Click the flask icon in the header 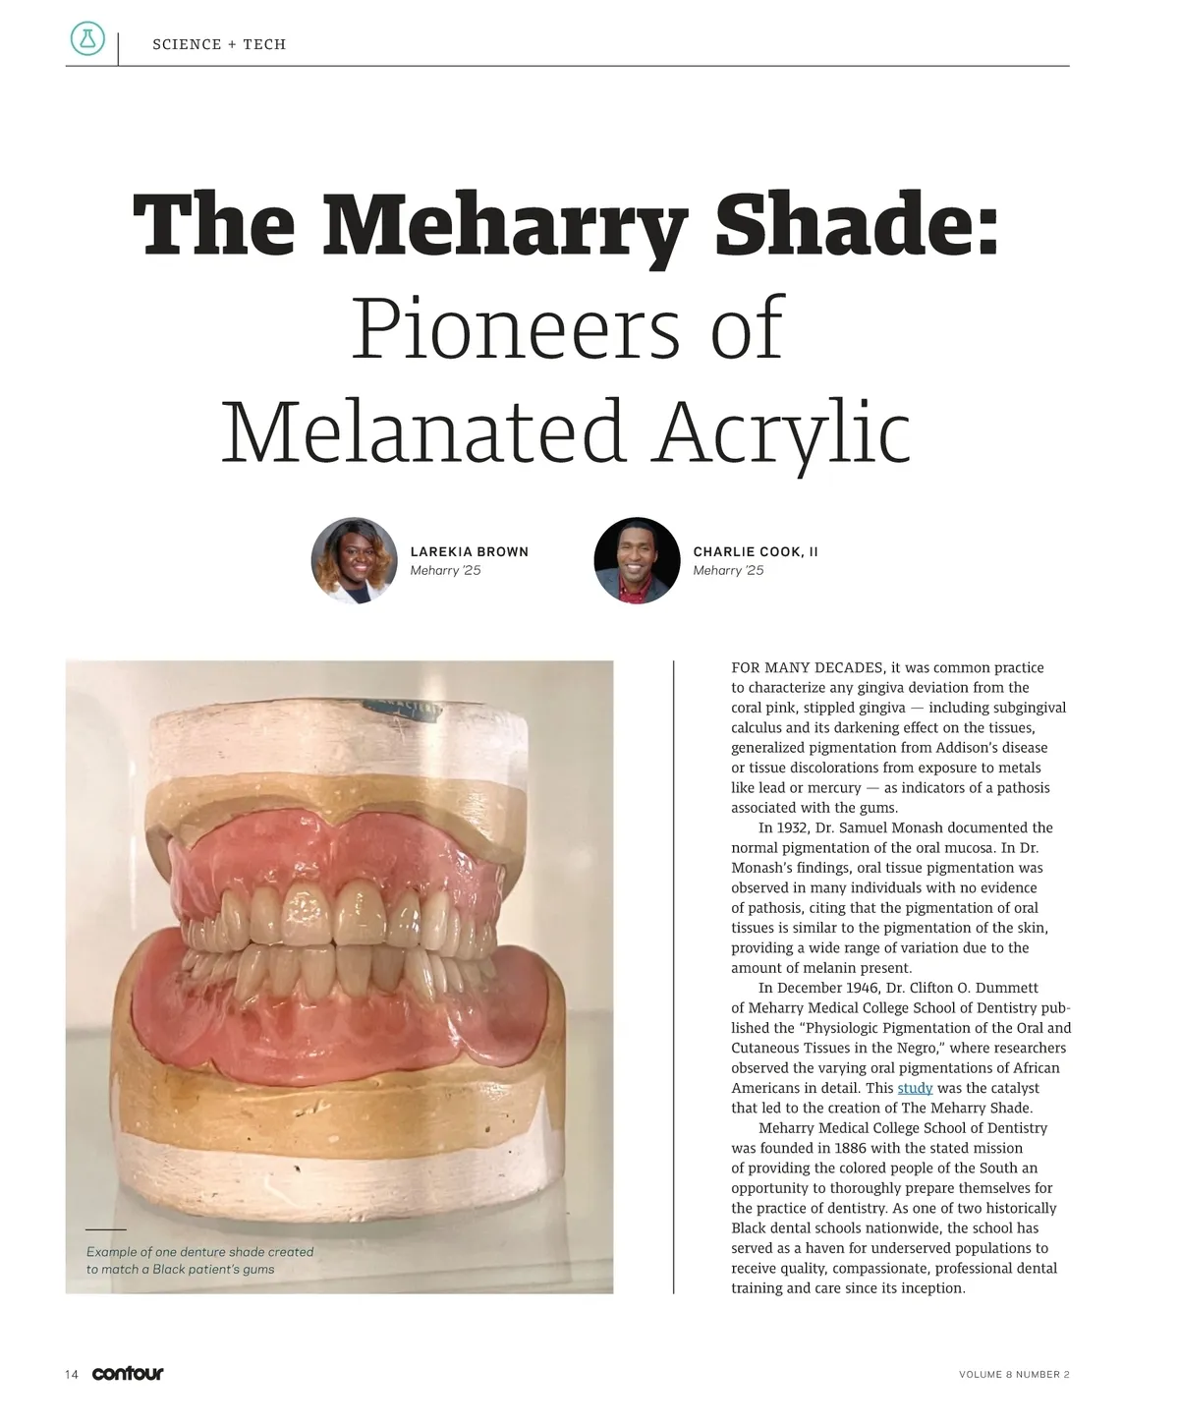click(87, 39)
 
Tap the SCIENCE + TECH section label click(219, 44)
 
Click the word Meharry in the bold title click(504, 226)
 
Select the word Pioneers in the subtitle click(515, 328)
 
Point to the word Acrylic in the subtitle click(783, 432)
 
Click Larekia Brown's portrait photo click(354, 560)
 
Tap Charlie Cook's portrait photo click(637, 560)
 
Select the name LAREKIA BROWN click(469, 551)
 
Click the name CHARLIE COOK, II click(755, 551)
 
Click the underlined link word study click(915, 1088)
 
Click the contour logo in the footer click(128, 1374)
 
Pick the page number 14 click(72, 1374)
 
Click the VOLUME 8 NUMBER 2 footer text click(1014, 1374)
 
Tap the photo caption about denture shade click(199, 1260)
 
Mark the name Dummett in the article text click(1004, 988)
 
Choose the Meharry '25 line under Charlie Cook click(728, 571)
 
